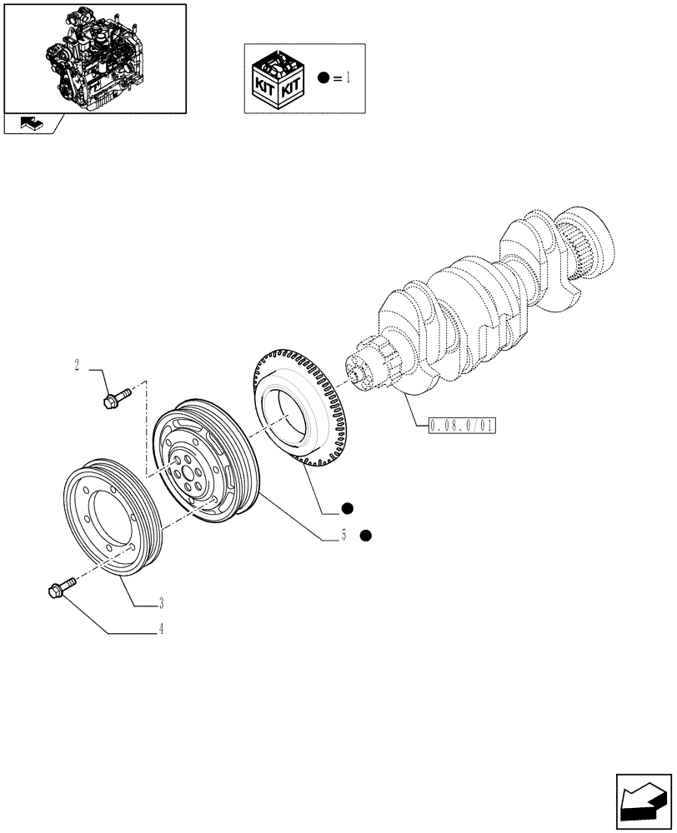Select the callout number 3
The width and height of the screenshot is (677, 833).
(x=161, y=601)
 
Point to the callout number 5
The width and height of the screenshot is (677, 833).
(x=343, y=536)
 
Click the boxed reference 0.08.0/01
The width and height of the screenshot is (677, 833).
(x=461, y=426)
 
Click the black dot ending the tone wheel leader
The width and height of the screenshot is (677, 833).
(x=347, y=507)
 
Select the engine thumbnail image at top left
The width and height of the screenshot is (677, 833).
(x=94, y=57)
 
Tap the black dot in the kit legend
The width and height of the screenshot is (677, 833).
(x=323, y=79)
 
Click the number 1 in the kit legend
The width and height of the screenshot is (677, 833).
(x=349, y=79)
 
